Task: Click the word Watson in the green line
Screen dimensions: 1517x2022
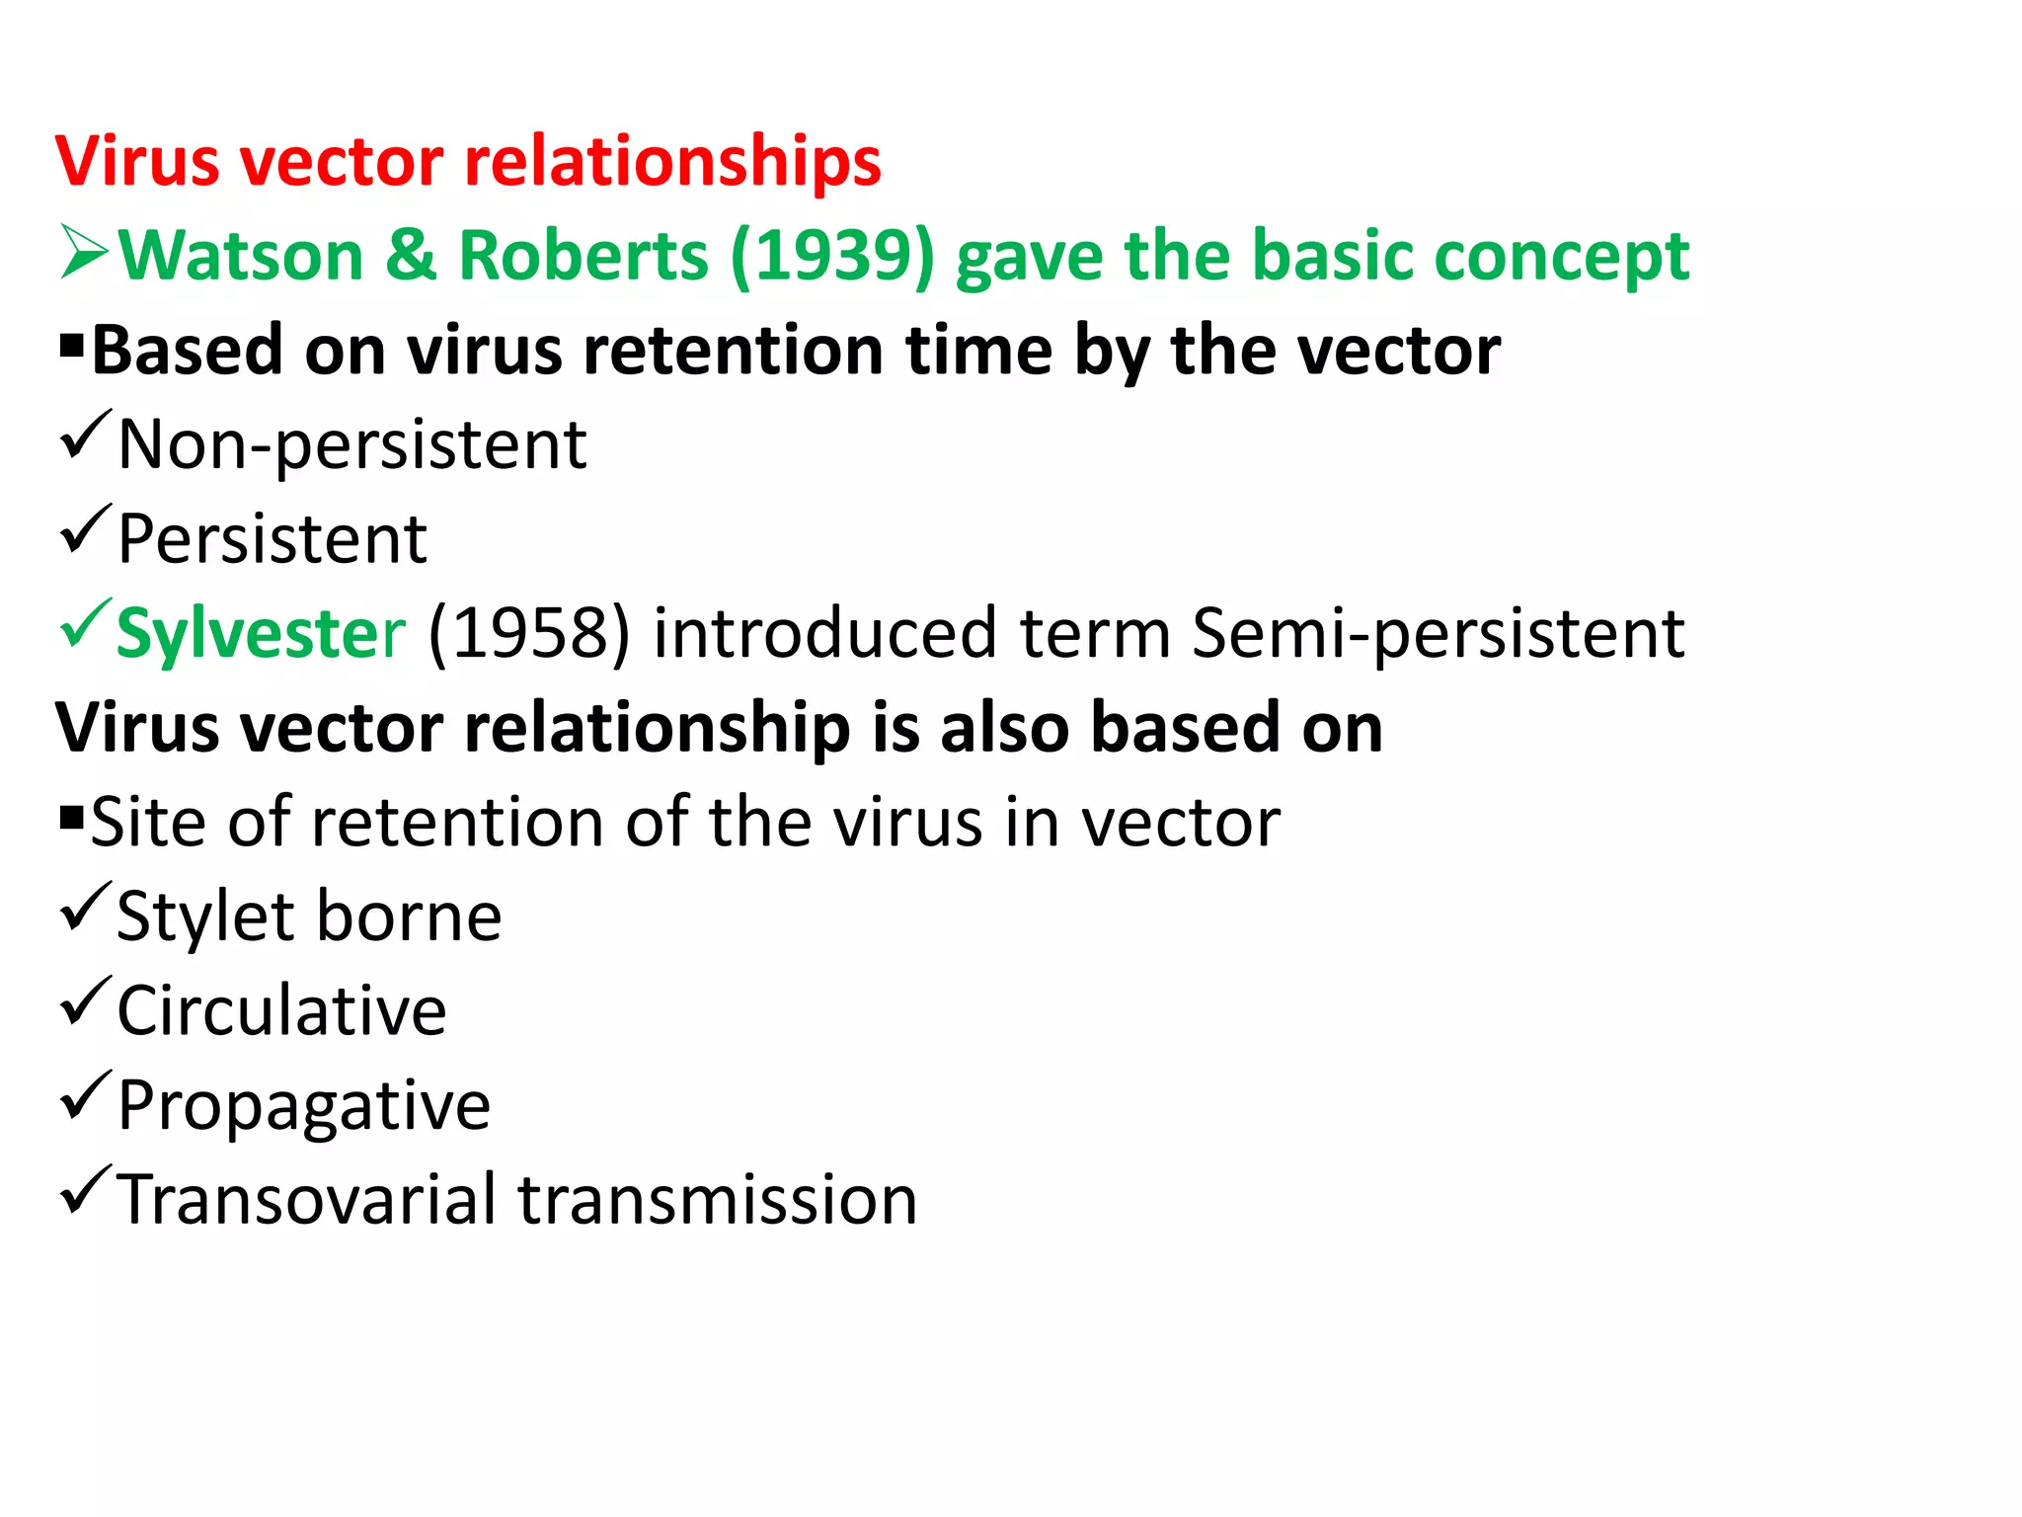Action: click(x=242, y=256)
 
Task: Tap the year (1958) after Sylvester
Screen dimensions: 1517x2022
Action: click(x=528, y=633)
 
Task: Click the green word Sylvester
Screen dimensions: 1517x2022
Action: click(x=261, y=633)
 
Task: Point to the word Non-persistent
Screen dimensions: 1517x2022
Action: click(x=352, y=444)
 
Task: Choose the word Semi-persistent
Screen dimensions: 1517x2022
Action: click(x=1439, y=633)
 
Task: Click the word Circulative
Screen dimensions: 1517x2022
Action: click(x=281, y=1010)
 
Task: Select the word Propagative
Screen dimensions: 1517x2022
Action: click(x=303, y=1105)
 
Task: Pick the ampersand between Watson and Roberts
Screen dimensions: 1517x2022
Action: click(x=411, y=256)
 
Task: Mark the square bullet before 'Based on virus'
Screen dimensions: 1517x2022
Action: click(x=71, y=346)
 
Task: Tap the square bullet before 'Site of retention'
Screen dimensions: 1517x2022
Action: click(x=71, y=818)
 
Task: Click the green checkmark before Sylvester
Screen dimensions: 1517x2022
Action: click(x=85, y=624)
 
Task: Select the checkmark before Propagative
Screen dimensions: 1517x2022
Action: click(x=85, y=1095)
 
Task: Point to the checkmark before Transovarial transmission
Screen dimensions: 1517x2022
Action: click(x=85, y=1189)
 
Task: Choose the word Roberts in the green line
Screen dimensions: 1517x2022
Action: click(x=583, y=256)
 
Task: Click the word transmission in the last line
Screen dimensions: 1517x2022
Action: click(x=718, y=1199)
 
